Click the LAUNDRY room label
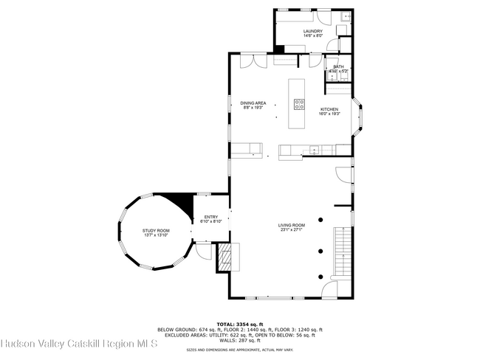(x=313, y=31)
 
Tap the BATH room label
(x=338, y=66)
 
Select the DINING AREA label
(x=253, y=103)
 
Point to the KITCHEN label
(x=329, y=109)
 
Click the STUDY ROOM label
(x=156, y=231)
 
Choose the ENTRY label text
(x=211, y=217)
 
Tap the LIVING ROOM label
(x=292, y=225)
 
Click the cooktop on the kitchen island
(x=300, y=104)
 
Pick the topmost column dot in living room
(x=322, y=219)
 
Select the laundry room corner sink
(x=346, y=15)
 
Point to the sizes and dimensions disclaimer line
(x=239, y=350)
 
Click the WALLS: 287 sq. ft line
(x=239, y=342)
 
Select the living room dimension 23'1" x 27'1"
(x=292, y=229)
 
